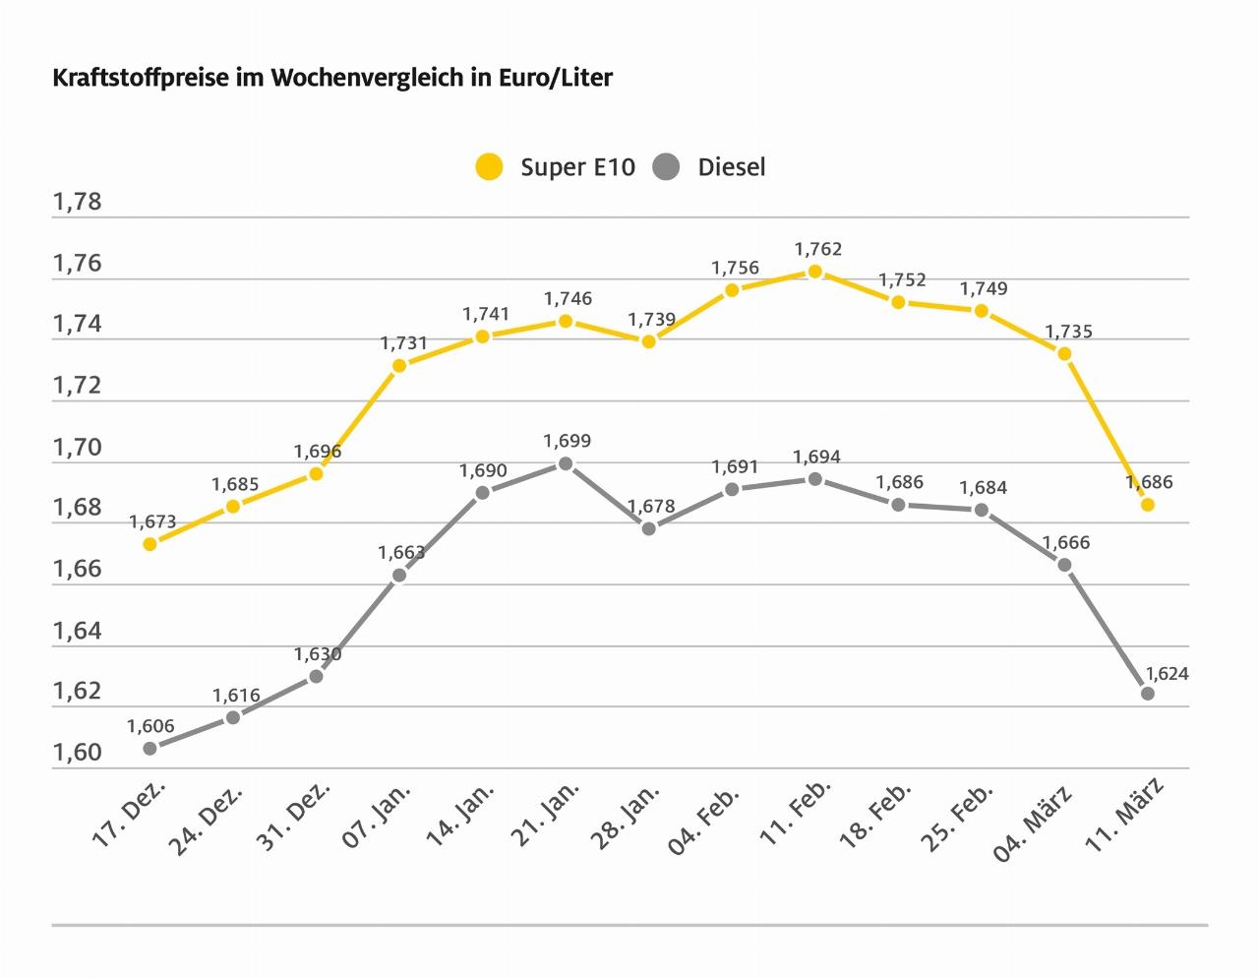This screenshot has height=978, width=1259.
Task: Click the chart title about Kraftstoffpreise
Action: [x=332, y=79]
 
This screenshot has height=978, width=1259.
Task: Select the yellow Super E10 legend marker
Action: [x=489, y=167]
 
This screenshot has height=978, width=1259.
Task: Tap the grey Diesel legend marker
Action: [x=667, y=167]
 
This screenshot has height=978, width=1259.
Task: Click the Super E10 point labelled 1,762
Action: [x=814, y=272]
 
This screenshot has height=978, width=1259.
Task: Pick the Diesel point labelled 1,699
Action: [x=566, y=463]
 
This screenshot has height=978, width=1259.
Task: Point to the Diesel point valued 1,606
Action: [x=150, y=748]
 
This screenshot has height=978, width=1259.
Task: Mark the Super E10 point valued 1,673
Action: [x=150, y=543]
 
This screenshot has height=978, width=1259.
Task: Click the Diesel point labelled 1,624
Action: [x=1147, y=693]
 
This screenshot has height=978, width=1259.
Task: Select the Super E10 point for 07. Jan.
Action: [x=399, y=366]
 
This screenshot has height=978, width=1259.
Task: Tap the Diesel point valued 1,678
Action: [x=648, y=528]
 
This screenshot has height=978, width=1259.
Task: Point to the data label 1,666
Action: [x=1066, y=542]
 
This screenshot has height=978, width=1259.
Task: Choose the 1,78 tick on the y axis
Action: [x=77, y=203]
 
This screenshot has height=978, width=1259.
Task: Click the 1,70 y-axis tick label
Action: [x=77, y=448]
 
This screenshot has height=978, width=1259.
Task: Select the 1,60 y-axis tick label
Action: [x=77, y=753]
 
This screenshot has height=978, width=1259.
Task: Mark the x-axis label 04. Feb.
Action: [x=711, y=817]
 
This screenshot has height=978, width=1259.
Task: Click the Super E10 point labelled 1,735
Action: [x=1064, y=353]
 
